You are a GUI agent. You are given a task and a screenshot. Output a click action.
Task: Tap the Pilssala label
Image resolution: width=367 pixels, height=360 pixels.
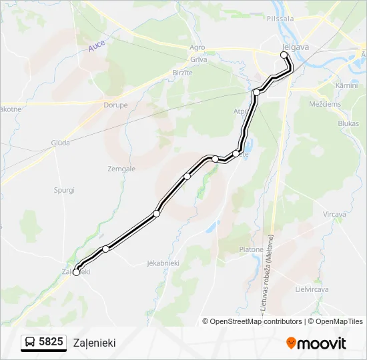[280, 19]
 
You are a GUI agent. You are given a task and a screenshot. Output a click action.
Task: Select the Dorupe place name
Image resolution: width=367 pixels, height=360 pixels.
[115, 105]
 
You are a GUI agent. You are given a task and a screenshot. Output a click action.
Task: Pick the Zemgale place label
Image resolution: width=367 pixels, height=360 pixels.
[121, 169]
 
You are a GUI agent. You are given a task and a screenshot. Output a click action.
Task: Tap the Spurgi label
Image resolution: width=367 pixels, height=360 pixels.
[64, 190]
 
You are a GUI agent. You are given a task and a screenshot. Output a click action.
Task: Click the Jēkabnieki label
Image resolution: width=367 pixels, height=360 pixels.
[163, 263]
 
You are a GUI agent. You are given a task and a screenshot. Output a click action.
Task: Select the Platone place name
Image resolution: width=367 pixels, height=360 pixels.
[251, 249]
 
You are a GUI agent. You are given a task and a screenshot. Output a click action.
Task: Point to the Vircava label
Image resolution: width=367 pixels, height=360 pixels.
[334, 214]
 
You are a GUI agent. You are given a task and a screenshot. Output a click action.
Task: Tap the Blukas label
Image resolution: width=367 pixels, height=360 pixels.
[348, 123]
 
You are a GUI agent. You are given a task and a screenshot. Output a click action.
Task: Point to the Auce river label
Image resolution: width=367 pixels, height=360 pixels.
[97, 47]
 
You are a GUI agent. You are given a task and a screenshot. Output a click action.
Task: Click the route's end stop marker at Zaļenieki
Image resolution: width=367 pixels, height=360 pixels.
[76, 272]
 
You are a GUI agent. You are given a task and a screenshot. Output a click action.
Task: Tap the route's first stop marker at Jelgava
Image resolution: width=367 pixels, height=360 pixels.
[284, 55]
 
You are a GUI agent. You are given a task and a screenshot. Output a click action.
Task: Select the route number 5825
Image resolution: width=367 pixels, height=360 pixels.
[51, 342]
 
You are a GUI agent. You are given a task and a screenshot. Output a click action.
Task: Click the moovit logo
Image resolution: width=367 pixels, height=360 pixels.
[316, 343]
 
